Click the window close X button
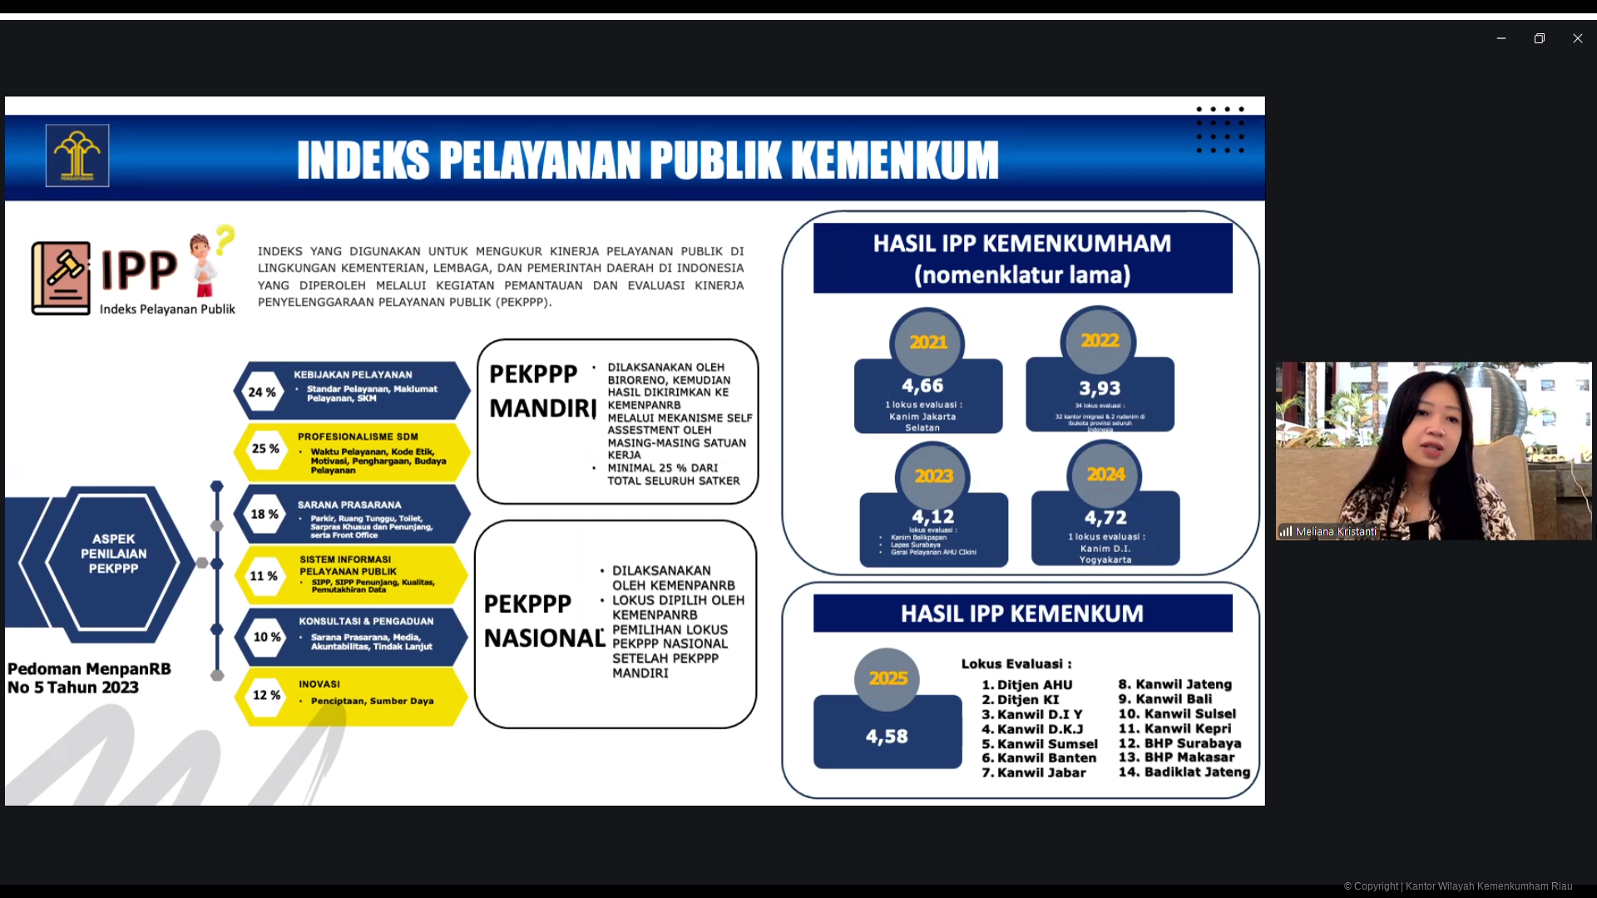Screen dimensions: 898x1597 pyautogui.click(x=1577, y=38)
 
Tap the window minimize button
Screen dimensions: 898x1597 pyautogui.click(x=1501, y=38)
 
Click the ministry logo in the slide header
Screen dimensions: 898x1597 pyautogui.click(x=77, y=155)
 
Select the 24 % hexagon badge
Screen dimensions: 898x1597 pyautogui.click(x=262, y=392)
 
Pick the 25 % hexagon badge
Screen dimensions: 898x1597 pyautogui.click(x=265, y=448)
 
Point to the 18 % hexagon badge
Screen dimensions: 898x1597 pyautogui.click(x=265, y=514)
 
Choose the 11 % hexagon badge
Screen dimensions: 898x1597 pyautogui.click(x=264, y=575)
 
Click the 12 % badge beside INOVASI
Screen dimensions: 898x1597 pyautogui.click(x=266, y=694)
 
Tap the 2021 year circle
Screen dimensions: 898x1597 pyautogui.click(x=928, y=343)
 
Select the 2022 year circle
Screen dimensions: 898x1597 pyautogui.click(x=1100, y=341)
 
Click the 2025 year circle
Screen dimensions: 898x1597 pyautogui.click(x=887, y=678)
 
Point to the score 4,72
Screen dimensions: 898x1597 pyautogui.click(x=1105, y=517)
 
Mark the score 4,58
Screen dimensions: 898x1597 pyautogui.click(x=887, y=736)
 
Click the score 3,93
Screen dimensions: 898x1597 pyautogui.click(x=1100, y=388)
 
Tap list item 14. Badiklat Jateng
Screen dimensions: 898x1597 pyautogui.click(x=1184, y=772)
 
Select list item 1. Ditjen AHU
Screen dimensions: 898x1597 pyautogui.click(x=1027, y=685)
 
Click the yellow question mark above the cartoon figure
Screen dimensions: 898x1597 pyautogui.click(x=225, y=239)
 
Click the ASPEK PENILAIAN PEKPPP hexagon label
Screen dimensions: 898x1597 pyautogui.click(x=114, y=554)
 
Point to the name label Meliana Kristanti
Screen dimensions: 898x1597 pyautogui.click(x=1335, y=531)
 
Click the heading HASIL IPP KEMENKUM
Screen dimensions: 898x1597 pyautogui.click(x=1022, y=614)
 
